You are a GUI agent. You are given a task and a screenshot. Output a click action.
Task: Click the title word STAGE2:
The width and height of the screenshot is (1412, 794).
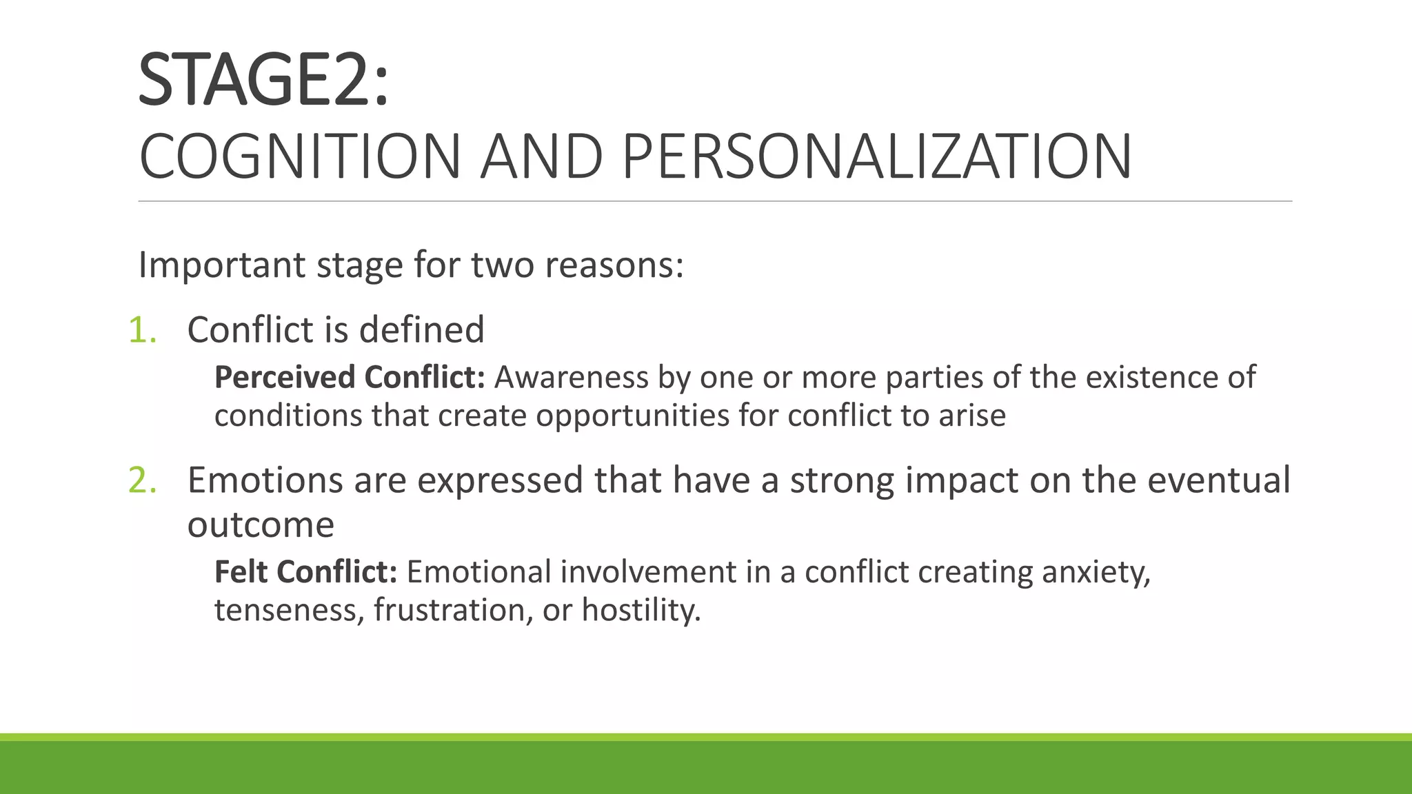click(263, 81)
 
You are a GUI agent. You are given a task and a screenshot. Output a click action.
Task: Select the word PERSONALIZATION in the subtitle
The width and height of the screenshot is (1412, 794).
click(876, 157)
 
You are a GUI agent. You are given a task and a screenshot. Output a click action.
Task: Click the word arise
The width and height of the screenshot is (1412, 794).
click(972, 416)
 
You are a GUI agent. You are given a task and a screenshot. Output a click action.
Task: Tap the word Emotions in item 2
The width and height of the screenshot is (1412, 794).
click(265, 480)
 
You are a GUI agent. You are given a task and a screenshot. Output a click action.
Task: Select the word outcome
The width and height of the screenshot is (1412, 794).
click(261, 525)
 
